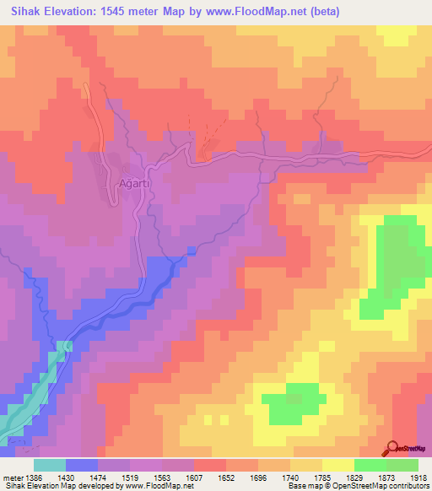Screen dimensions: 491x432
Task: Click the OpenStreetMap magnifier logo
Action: [x=391, y=449]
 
